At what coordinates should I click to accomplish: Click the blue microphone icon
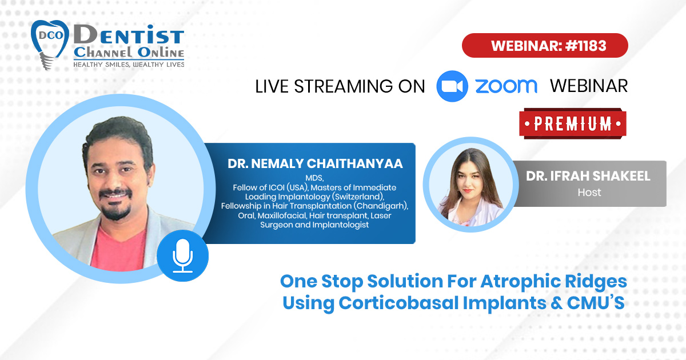(182, 255)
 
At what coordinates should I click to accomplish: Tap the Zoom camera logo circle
(452, 86)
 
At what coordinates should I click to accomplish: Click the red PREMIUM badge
(573, 123)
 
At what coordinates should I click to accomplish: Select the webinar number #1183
(585, 46)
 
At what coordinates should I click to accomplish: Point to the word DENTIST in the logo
(129, 35)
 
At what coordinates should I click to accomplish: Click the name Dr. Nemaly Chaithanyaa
(315, 163)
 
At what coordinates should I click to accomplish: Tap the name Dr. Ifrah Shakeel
(588, 176)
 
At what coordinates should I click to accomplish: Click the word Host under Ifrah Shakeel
(589, 192)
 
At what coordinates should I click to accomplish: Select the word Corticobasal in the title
(398, 303)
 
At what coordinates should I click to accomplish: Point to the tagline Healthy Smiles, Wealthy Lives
(129, 64)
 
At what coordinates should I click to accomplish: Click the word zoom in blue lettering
(506, 86)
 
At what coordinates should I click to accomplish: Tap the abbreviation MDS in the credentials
(314, 178)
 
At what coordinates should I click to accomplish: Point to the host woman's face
(469, 179)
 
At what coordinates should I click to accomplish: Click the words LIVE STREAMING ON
(340, 86)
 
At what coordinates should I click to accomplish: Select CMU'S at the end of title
(596, 302)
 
